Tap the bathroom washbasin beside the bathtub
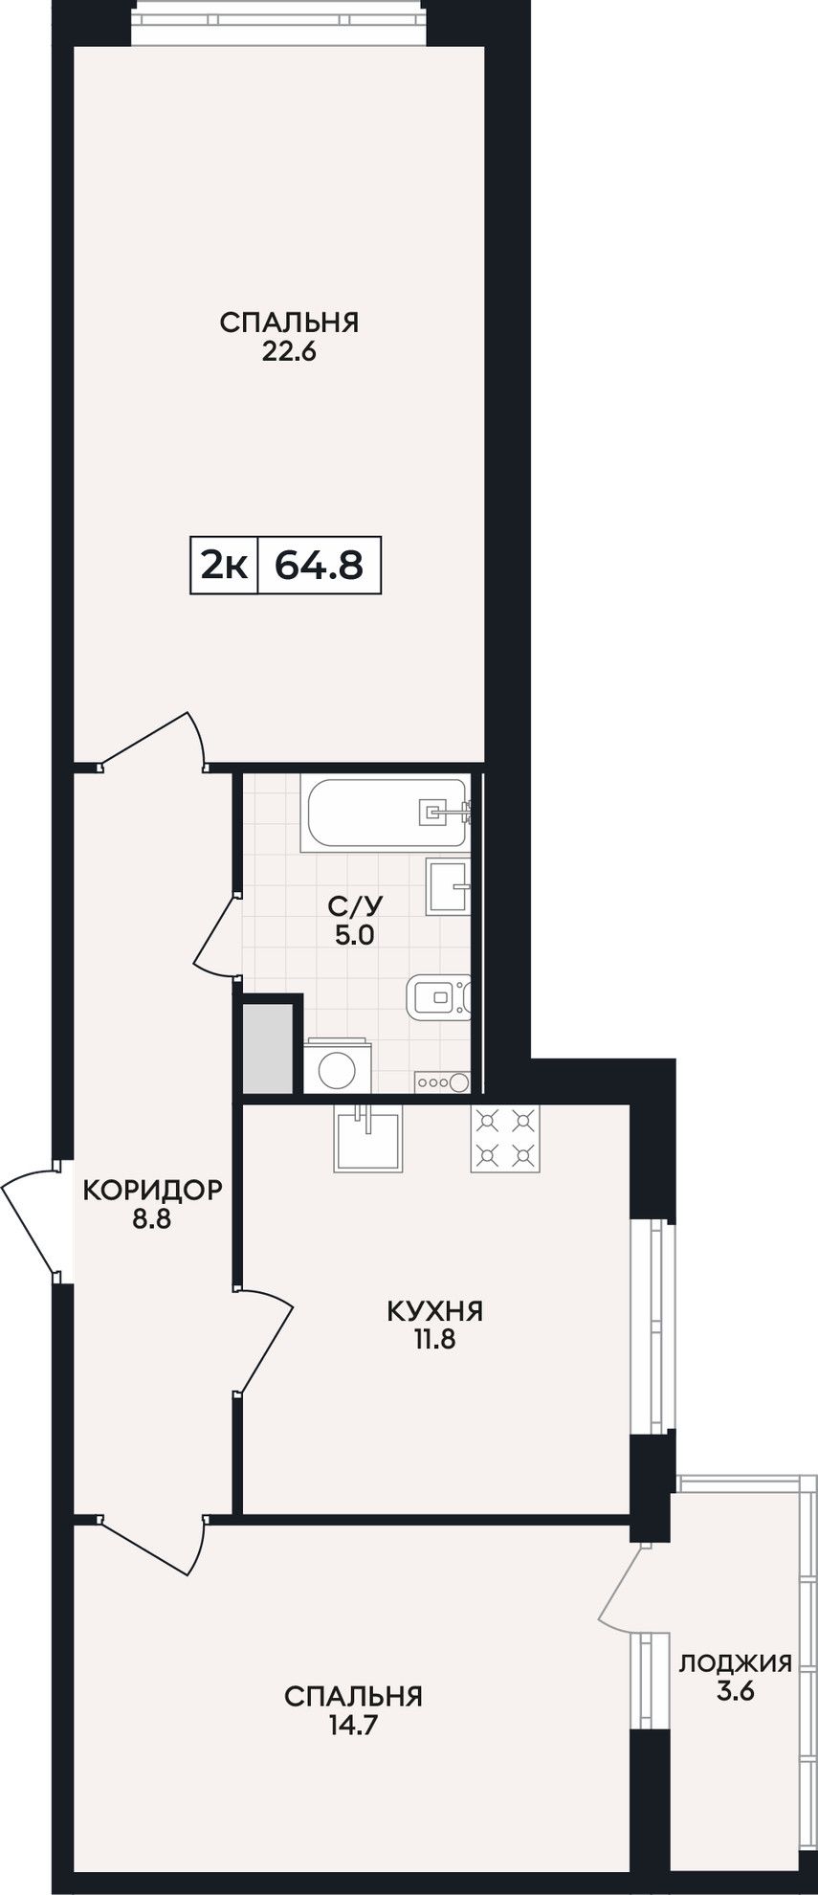448,886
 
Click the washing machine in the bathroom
337,1063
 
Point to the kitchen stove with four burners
505,1138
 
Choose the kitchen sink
368,1138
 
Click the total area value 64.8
320,566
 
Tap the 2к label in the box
224,566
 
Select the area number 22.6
289,351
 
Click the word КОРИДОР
153,1190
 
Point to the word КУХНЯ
435,1310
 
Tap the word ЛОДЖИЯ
736,1662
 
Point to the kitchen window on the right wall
654,1326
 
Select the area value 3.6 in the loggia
736,1691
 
